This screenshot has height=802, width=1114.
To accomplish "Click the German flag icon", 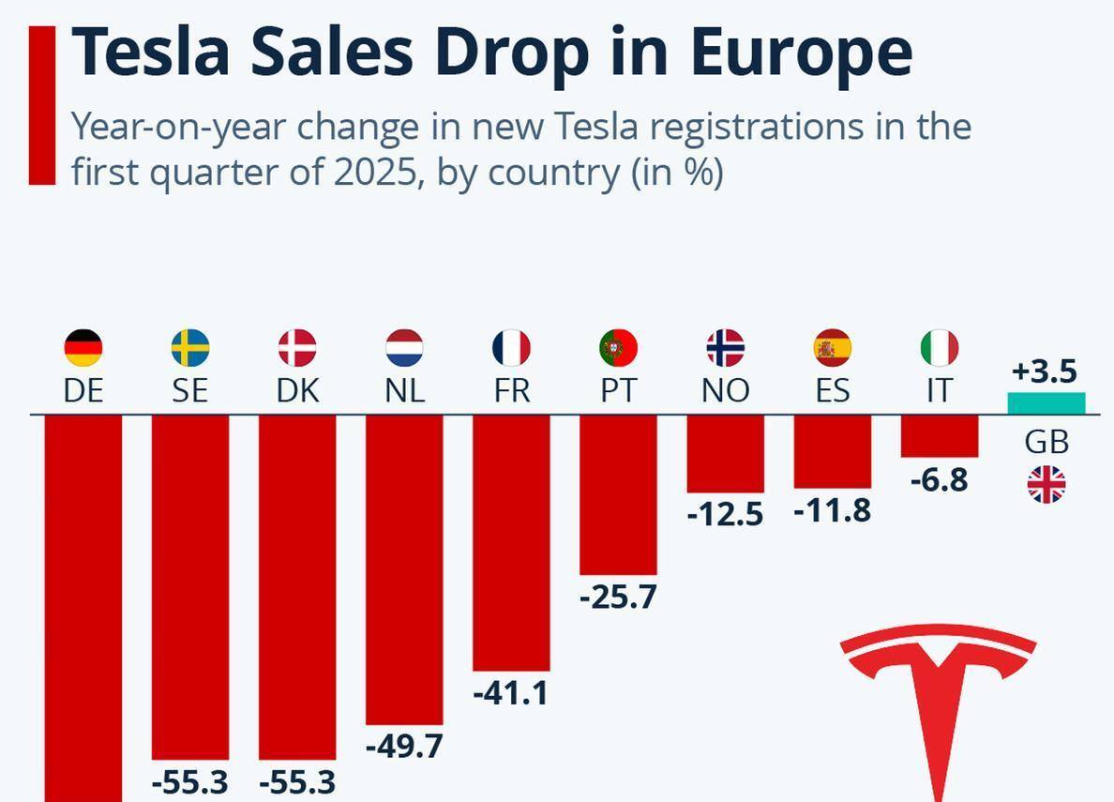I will coord(83,348).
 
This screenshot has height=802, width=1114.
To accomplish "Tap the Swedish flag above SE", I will coord(190,348).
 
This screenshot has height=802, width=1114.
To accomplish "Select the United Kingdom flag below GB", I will coord(1046,485).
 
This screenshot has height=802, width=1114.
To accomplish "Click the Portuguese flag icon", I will coord(618,348).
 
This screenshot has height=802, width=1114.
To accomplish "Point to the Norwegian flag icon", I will coord(725,348).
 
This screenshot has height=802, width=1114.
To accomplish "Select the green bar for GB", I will coord(1046,403).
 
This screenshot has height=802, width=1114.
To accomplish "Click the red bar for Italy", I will coord(940,436).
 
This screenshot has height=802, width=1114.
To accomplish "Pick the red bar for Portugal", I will coord(618,494).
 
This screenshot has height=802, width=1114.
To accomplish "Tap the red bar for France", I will coord(511,542).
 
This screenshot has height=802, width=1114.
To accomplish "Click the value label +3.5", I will coord(1044,371).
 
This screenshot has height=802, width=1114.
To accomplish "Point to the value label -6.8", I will coord(939,479).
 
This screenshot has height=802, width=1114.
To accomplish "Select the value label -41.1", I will coord(511,693).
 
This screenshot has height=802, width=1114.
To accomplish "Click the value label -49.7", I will coord(404,747).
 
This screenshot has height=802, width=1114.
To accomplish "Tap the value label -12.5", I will coord(725,514).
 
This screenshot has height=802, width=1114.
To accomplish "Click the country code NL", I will coord(404,390).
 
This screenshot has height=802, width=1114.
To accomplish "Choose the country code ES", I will coord(832,390).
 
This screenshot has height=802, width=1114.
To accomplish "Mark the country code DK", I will coord(297,390).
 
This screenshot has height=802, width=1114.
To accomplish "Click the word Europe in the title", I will coord(801,52).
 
